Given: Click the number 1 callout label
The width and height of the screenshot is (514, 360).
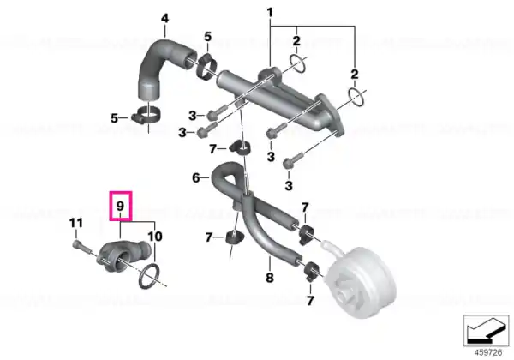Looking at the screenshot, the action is (x=270, y=13).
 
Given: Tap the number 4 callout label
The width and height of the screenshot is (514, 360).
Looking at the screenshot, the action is (x=164, y=18).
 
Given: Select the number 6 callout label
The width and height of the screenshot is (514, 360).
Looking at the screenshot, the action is (x=195, y=177).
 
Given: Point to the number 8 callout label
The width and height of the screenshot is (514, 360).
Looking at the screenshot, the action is (x=270, y=278).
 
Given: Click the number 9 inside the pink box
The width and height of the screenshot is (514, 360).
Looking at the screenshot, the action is (x=120, y=207).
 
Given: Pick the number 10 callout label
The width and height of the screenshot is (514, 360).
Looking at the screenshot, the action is (x=155, y=236).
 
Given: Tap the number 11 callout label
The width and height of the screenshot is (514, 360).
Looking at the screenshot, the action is (x=76, y=223).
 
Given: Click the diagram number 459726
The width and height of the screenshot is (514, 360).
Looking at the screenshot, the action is (x=488, y=352).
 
